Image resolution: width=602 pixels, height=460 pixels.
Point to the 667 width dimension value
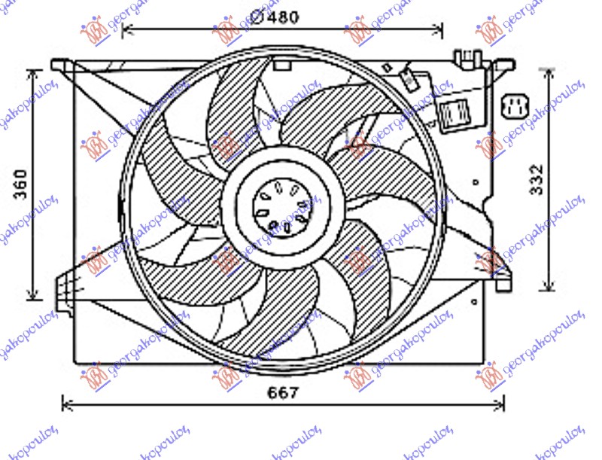point(284,392)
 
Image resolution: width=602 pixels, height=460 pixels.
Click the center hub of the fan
point(283,205)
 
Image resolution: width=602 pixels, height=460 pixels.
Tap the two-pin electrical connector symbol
point(516,108)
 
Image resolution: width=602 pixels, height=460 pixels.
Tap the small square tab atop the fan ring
point(282,65)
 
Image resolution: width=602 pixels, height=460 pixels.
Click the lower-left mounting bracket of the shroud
point(67,286)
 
